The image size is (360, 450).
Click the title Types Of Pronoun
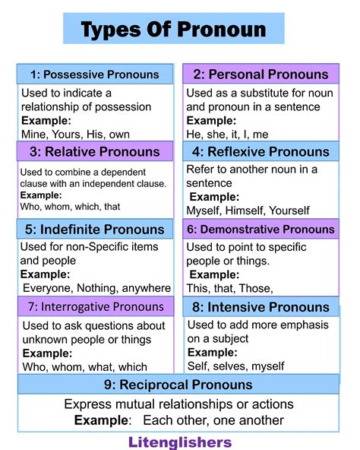coord(173,30)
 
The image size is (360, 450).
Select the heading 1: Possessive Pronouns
coord(95,74)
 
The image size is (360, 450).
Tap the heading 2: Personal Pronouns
coord(261,74)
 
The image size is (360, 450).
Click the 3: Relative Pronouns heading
coord(95,151)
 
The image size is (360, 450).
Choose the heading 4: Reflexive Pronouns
coord(261,151)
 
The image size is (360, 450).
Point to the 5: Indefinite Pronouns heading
coord(95,229)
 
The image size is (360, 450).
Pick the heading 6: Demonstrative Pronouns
coord(261,229)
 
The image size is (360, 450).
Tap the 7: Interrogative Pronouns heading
coord(95,307)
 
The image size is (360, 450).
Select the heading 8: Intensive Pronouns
coord(261,307)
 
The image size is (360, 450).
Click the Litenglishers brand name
coord(179,440)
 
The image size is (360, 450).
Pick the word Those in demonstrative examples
coord(256,288)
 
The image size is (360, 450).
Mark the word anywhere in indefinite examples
coord(150,288)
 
